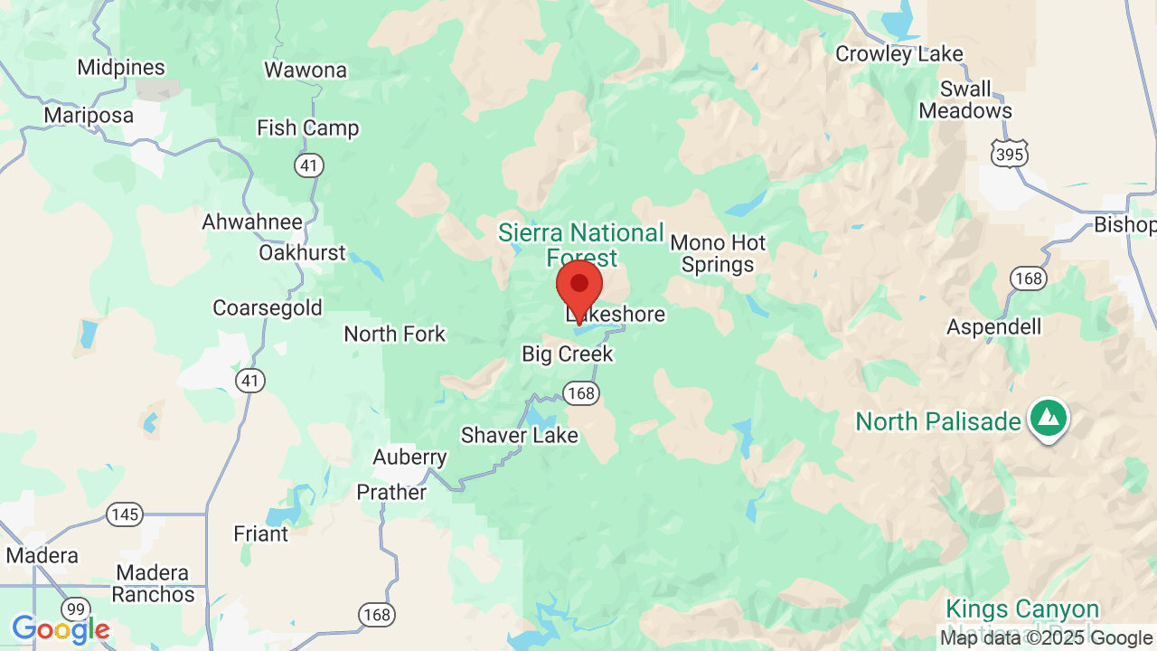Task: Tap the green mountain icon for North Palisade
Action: pos(1048,419)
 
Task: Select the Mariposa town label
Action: pos(89,116)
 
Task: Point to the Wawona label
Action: pos(306,70)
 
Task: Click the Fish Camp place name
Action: pos(307,128)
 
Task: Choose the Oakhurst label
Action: pos(302,252)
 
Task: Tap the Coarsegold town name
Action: pos(267,307)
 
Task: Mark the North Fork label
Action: pos(395,334)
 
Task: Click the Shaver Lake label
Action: pos(519,435)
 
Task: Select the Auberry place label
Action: pos(409,458)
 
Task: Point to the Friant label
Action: pos(261,533)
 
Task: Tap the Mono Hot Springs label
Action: pos(718,254)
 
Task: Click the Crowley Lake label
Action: pos(898,54)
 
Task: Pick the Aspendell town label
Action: pos(993,326)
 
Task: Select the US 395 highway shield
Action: pos(1009,155)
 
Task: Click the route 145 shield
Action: pos(125,515)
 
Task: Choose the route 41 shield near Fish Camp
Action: pos(309,165)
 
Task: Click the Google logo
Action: pos(61,628)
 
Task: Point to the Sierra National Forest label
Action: pos(581,245)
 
